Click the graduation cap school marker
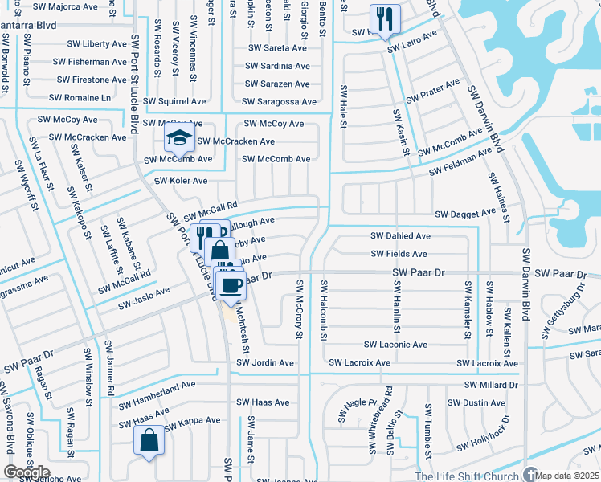[x=180, y=138]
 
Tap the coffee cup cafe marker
[x=232, y=284]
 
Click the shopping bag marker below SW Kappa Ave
[x=149, y=441]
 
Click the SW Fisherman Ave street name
[x=87, y=62]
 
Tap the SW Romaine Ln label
[x=80, y=98]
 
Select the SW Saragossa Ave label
[x=279, y=102]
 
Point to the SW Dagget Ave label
[x=466, y=214]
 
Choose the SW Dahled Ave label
[x=400, y=236]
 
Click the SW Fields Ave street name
[x=399, y=254]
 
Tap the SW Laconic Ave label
[x=395, y=345]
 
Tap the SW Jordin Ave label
[x=265, y=363]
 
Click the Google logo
[x=26, y=472]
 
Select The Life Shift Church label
[x=466, y=476]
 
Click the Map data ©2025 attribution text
[x=566, y=476]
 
